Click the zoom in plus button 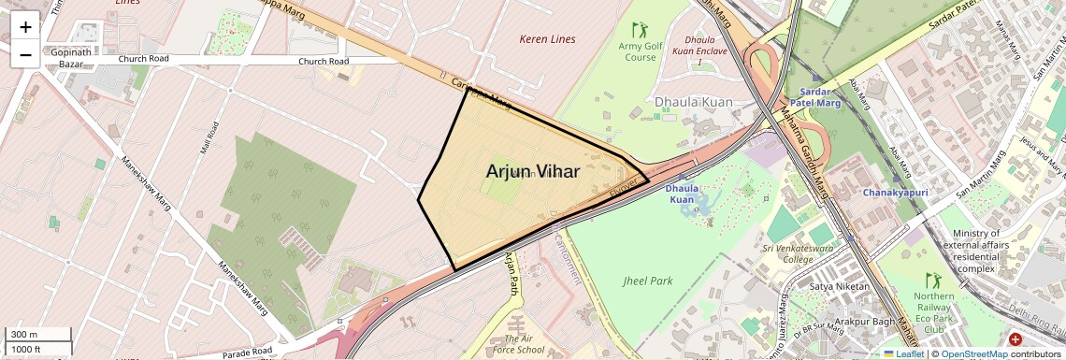click(x=25, y=27)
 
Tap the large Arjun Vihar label click(x=533, y=172)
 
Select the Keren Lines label click(x=547, y=39)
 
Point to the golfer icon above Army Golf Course click(x=640, y=30)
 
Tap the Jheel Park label click(x=648, y=281)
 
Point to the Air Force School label click(x=524, y=344)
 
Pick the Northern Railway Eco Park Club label click(x=933, y=312)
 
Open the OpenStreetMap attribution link click(x=973, y=354)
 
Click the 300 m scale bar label click(x=24, y=335)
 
